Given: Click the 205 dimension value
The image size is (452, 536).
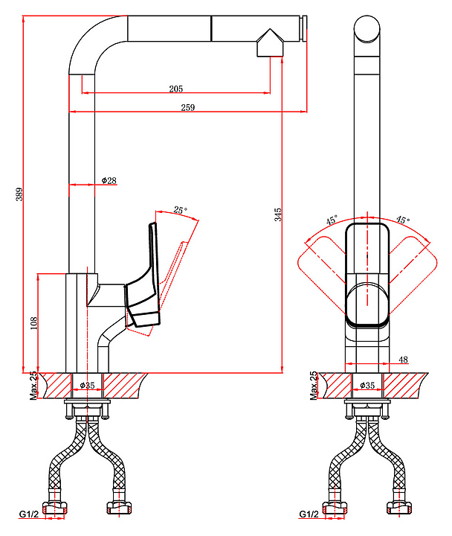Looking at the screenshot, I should click(x=175, y=89).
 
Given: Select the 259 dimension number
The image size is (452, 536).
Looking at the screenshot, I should click(x=187, y=108).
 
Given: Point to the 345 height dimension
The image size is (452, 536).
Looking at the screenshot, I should click(x=277, y=215).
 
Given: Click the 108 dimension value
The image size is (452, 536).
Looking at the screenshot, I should click(x=33, y=323).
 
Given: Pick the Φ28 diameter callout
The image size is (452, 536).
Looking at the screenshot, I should click(x=109, y=181).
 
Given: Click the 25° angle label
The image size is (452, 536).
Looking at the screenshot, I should click(x=180, y=210).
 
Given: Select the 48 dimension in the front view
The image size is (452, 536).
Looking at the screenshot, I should click(x=403, y=360).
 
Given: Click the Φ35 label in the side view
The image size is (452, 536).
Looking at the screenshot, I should click(x=88, y=386).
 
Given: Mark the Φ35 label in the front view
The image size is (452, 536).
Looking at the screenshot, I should click(x=367, y=386).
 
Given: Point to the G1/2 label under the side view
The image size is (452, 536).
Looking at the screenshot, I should click(x=28, y=514).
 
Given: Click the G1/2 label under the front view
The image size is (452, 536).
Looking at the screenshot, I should click(x=309, y=514).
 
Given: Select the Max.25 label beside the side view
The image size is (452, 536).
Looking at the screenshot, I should click(x=33, y=386).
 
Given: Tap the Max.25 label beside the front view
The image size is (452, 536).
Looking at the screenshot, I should click(x=313, y=386).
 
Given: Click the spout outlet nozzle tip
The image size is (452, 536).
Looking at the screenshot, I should click(x=269, y=47).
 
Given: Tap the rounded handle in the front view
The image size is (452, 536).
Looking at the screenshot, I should click(x=367, y=275).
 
